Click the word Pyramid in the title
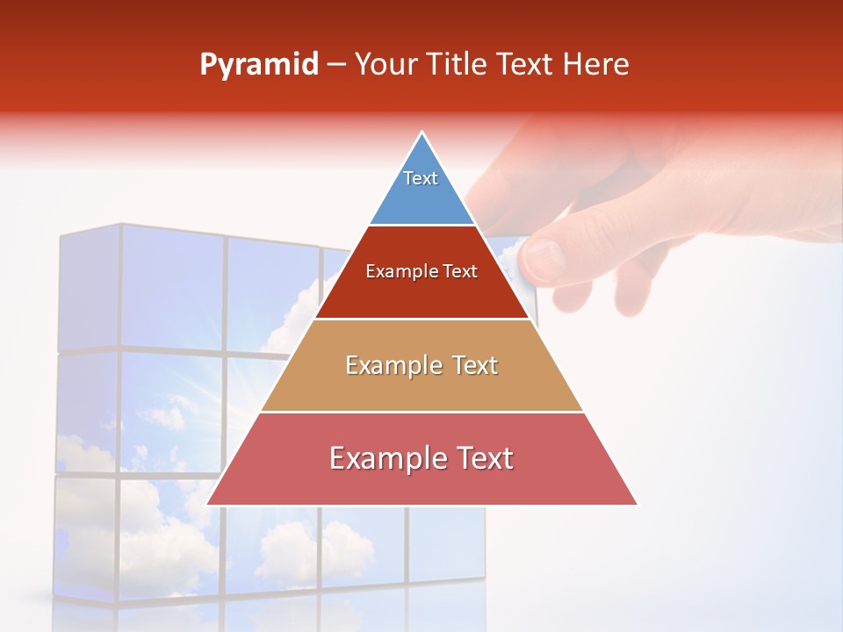pyautogui.click(x=259, y=65)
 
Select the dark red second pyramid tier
pyautogui.click(x=421, y=294)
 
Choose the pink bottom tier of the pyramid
pyautogui.click(x=421, y=483)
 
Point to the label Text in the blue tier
pyautogui.click(x=421, y=178)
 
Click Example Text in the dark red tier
pyautogui.click(x=421, y=271)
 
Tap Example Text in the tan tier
pyautogui.click(x=421, y=365)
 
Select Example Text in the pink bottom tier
pyautogui.click(x=421, y=458)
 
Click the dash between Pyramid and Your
pyautogui.click(x=336, y=65)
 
